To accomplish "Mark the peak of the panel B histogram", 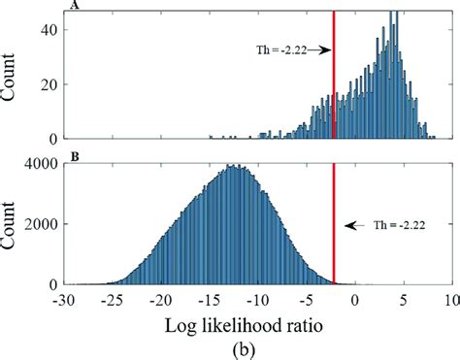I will [232, 166].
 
